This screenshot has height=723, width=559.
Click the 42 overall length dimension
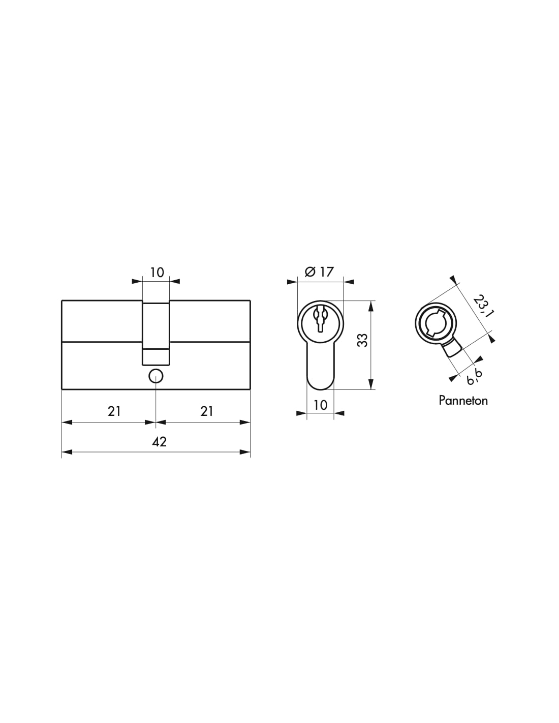point(159,442)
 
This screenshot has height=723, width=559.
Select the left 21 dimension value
point(114,411)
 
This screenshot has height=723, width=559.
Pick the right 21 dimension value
point(206,411)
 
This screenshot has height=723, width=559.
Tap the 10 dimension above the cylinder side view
point(157,273)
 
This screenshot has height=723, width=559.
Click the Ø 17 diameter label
point(319,272)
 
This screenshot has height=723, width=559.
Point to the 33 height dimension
point(362,340)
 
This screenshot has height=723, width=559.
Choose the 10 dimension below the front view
point(320,405)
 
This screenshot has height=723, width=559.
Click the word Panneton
point(463,400)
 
